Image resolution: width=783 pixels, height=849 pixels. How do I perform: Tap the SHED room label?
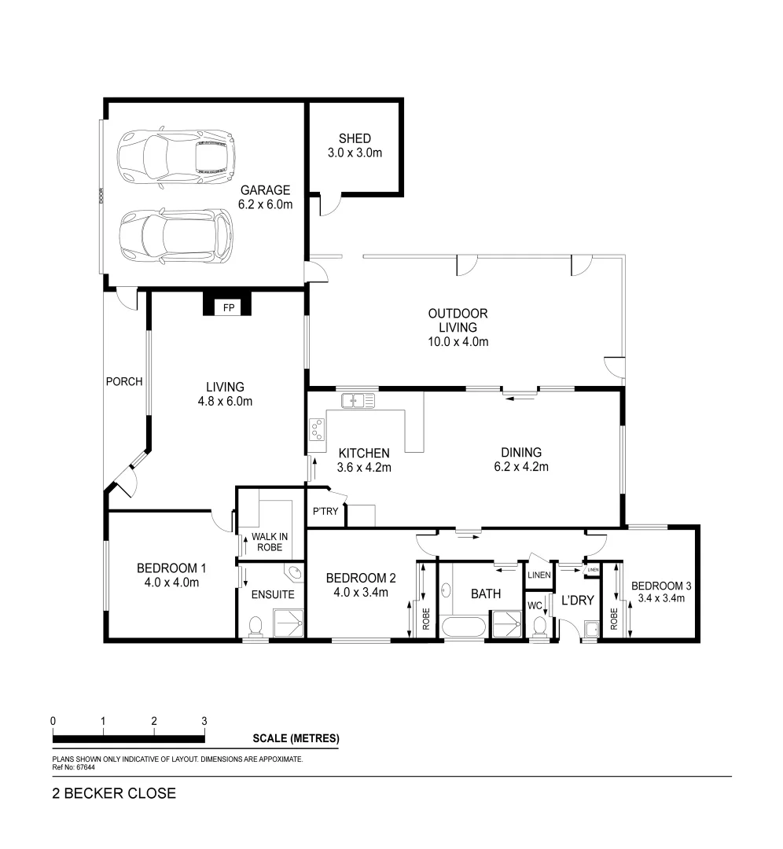pyautogui.click(x=355, y=139)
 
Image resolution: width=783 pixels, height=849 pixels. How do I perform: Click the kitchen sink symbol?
pyautogui.click(x=358, y=401)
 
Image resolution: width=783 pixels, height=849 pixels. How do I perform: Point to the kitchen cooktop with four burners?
pyautogui.click(x=318, y=429)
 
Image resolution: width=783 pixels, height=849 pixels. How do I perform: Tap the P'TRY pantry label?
pyautogui.click(x=325, y=512)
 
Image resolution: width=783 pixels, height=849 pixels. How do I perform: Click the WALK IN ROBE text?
pyautogui.click(x=269, y=542)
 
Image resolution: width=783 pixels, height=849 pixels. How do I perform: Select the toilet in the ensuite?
pyautogui.click(x=255, y=627)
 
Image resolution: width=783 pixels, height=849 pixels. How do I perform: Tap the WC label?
pyautogui.click(x=535, y=606)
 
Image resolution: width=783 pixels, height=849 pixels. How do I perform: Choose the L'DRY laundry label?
pyautogui.click(x=577, y=601)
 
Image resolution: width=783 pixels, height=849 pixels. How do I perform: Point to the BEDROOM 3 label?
pyautogui.click(x=661, y=586)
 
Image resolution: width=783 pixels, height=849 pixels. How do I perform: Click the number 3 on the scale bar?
pyautogui.click(x=204, y=720)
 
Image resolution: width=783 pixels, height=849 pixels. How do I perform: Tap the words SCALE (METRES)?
pyautogui.click(x=296, y=739)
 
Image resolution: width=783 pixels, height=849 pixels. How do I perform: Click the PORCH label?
pyautogui.click(x=124, y=382)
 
